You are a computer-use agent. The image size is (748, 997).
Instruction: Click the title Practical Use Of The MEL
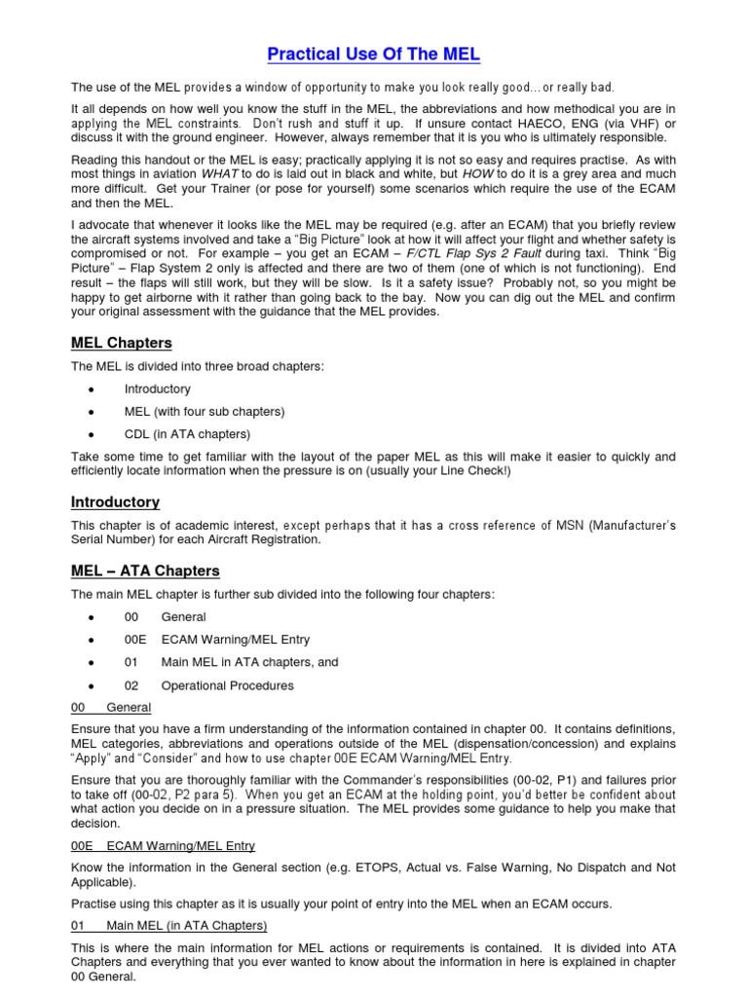[374, 54]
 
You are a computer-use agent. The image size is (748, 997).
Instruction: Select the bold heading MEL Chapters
[121, 343]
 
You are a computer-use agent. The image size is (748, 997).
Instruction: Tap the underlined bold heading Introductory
[115, 502]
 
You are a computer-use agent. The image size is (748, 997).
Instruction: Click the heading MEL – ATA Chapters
[145, 571]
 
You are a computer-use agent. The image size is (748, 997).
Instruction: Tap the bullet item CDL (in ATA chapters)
[187, 433]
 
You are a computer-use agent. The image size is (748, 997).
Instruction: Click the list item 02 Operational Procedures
[208, 685]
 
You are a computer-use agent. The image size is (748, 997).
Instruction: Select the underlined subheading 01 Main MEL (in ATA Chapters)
[169, 925]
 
